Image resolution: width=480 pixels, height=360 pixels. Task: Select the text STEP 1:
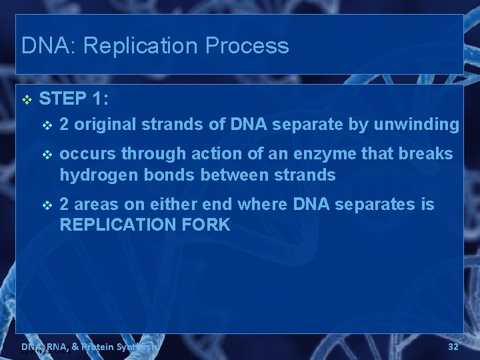(74, 99)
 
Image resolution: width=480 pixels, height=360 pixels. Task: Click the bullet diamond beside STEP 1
(27, 100)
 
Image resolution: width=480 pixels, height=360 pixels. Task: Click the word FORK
(206, 225)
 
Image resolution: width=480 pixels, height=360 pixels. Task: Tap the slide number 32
(453, 347)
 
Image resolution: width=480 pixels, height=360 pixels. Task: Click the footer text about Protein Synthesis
(90, 347)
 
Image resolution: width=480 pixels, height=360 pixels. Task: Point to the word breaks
(427, 154)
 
